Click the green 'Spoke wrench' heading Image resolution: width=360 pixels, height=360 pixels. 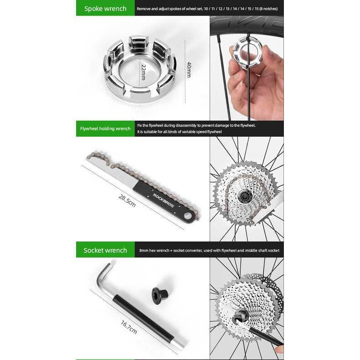105,9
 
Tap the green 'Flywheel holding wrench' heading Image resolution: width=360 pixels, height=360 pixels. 105,129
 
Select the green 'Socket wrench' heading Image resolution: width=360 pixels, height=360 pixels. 105,250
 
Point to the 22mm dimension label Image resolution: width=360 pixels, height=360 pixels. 144,72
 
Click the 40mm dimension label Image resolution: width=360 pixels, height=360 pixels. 189,70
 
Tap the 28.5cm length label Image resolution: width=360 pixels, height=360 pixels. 127,201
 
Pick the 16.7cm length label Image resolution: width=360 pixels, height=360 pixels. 129,327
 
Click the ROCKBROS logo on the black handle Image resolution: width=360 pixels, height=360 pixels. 164,201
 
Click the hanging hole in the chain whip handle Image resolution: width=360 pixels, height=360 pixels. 188,216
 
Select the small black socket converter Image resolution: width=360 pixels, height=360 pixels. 160,294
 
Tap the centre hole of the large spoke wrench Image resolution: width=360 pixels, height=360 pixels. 139,72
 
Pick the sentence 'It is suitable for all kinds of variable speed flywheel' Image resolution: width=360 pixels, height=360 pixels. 180,132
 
